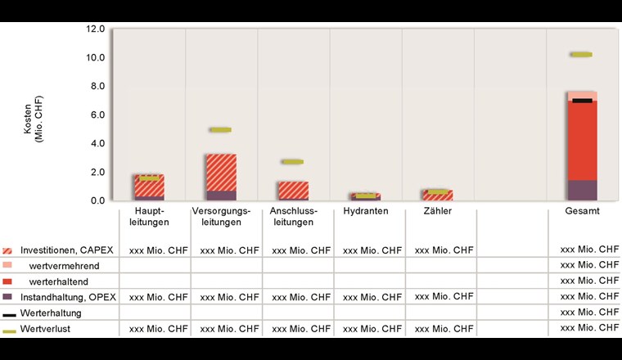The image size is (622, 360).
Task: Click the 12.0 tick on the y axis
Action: click(x=94, y=29)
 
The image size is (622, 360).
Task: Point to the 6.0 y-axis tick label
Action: click(x=97, y=115)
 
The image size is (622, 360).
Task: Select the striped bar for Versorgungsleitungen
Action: click(x=221, y=172)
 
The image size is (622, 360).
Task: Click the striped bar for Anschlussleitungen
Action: click(x=292, y=190)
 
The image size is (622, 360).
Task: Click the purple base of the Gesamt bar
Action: click(x=582, y=190)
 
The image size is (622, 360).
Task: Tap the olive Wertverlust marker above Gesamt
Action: click(x=581, y=55)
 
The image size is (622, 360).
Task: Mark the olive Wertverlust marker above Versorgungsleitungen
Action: click(x=220, y=129)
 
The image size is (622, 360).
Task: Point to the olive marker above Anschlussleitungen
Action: click(x=292, y=162)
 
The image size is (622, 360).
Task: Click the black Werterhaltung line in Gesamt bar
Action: click(x=582, y=101)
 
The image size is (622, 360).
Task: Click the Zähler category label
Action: click(x=437, y=211)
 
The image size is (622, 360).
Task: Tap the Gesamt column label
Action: click(x=582, y=211)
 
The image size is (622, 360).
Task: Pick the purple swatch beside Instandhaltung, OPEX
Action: click(x=8, y=296)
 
